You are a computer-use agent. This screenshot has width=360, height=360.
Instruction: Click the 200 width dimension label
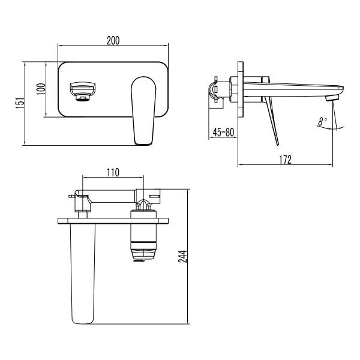coord(113,41)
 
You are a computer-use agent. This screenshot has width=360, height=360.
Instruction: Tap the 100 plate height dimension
coord(40,89)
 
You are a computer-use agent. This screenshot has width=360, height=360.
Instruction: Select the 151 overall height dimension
coord(19,103)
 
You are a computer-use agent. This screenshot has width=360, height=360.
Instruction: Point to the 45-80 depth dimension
coord(223,132)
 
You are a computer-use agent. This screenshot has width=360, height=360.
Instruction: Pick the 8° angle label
coord(323,121)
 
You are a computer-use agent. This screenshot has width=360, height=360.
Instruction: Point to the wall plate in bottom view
coord(114,221)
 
